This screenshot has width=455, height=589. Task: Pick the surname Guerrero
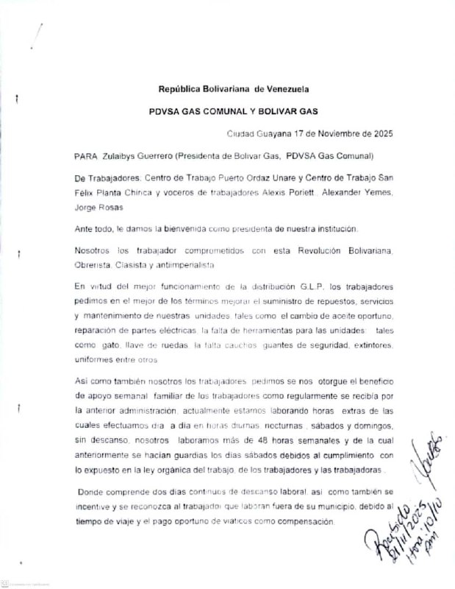click(171, 157)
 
